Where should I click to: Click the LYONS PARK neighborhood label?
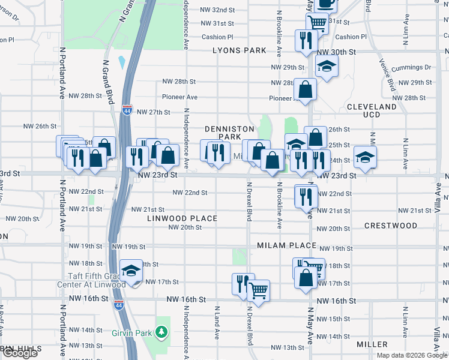(x=239, y=51)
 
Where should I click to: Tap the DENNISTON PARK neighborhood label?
(x=223, y=133)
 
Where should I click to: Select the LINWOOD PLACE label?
(x=182, y=218)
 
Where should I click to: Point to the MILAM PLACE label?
(x=286, y=246)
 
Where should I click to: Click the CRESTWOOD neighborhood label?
(x=391, y=226)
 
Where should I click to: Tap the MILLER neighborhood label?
(x=372, y=344)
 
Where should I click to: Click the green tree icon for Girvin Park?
(x=161, y=331)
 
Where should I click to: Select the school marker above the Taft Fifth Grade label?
(x=130, y=271)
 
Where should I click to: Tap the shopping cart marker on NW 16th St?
(x=258, y=290)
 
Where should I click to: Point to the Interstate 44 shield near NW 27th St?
(x=126, y=110)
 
